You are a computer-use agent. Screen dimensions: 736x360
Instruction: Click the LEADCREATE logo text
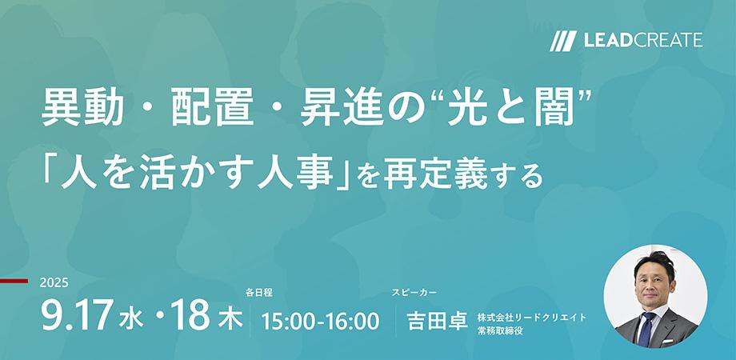(643, 40)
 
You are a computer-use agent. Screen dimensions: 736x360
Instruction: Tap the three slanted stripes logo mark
(563, 41)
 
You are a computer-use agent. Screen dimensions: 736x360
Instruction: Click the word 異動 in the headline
(82, 109)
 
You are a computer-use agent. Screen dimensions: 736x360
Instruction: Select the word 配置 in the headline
(213, 109)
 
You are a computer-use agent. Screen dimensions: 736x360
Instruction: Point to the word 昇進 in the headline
(342, 109)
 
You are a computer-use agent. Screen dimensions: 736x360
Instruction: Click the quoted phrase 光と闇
(511, 109)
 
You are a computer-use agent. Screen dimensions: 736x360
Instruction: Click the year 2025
(54, 282)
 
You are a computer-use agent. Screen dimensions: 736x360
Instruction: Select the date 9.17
(78, 314)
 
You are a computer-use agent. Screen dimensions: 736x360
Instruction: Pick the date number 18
(190, 314)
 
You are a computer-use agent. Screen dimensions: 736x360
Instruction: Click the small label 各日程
(258, 294)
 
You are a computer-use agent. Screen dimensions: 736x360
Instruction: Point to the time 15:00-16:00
(320, 322)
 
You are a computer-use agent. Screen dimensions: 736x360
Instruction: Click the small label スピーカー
(414, 293)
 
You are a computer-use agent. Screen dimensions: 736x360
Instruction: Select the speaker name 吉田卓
(438, 322)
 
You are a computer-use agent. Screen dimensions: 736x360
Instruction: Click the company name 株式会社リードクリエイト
(532, 318)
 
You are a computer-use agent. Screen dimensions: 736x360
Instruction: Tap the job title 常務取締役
(500, 331)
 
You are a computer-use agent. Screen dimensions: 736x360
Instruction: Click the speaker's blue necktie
(648, 329)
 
